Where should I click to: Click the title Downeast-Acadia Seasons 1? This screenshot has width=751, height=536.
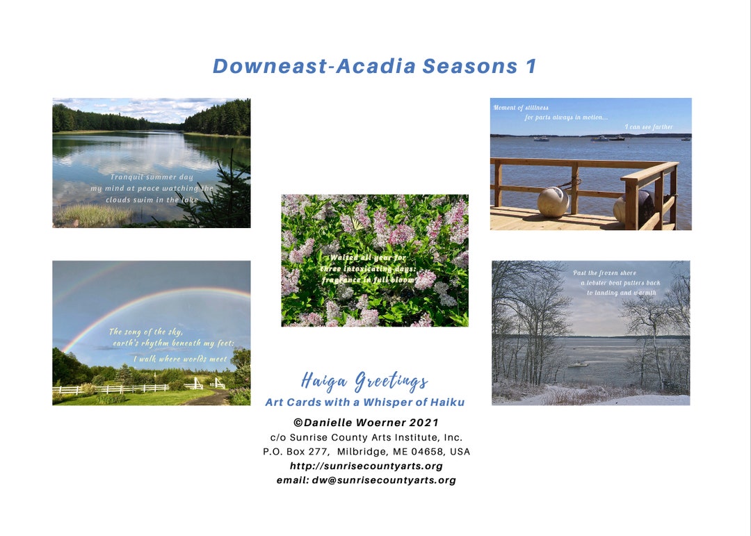[x=375, y=66]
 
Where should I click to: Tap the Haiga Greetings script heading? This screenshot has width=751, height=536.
[x=364, y=381]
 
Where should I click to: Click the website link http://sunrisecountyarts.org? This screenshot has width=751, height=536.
[x=366, y=466]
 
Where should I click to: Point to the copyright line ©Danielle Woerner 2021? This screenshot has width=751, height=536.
[x=366, y=423]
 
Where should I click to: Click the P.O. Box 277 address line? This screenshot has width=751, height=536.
[x=366, y=452]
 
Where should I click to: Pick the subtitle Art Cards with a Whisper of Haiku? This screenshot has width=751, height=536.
[x=364, y=402]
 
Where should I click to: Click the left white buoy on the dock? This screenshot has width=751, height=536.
[x=553, y=201]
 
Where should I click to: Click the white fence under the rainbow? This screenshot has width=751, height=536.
[x=111, y=389]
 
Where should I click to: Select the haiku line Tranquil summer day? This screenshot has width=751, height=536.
[x=152, y=177]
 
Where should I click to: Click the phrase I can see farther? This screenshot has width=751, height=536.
[x=648, y=127]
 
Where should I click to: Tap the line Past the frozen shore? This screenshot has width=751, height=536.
[x=604, y=273]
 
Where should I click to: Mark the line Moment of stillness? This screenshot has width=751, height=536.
[x=521, y=108]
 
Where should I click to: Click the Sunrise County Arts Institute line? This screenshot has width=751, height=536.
[x=366, y=437]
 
